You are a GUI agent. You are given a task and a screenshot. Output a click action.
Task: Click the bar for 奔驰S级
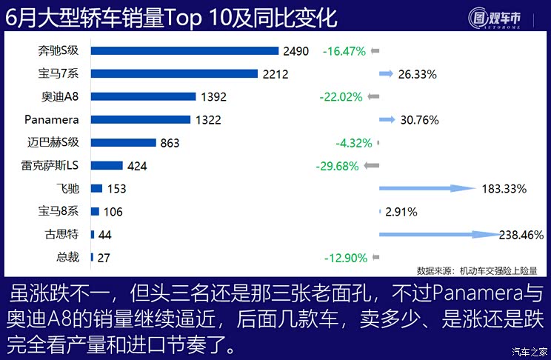[x=184, y=50]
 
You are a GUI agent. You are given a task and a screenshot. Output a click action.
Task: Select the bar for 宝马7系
[x=175, y=73]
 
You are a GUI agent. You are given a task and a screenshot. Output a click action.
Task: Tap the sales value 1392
[x=213, y=96]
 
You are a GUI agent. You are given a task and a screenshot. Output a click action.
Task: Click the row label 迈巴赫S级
[x=58, y=142]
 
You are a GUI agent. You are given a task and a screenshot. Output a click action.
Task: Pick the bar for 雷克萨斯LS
[x=107, y=166]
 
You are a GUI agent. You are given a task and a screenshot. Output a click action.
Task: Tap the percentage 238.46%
[x=523, y=235]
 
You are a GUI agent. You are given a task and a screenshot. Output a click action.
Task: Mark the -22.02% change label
[x=341, y=96]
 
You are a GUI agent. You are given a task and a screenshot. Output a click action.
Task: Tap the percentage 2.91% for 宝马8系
[x=401, y=212]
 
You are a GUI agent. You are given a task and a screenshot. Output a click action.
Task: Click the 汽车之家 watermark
[x=530, y=351]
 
